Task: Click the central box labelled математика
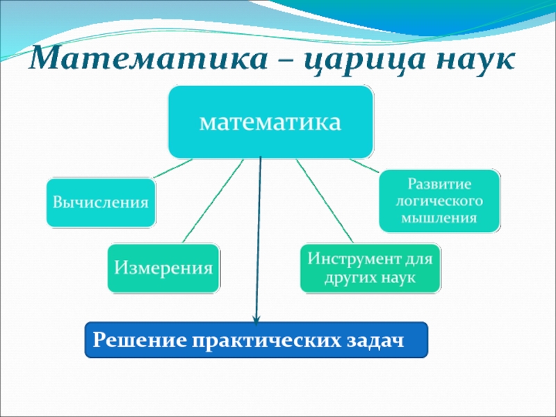[270, 122]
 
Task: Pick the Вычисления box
[101, 202]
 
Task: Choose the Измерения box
[163, 268]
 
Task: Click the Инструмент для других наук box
[370, 268]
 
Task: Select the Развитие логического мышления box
[439, 202]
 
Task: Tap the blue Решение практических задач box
[256, 340]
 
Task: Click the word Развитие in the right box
[439, 186]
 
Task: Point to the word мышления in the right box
[439, 218]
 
